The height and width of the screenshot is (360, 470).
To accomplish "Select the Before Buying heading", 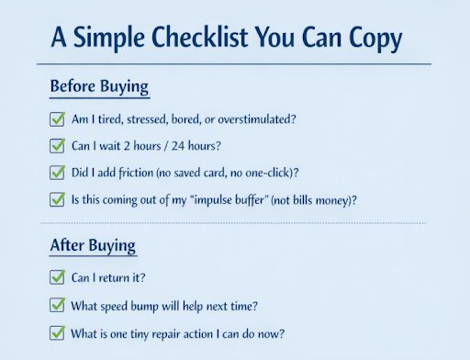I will click(x=99, y=87).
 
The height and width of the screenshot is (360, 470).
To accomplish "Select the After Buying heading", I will click(x=93, y=246).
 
